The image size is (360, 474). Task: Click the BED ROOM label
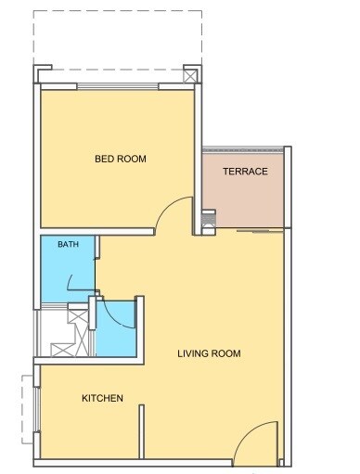[120, 159]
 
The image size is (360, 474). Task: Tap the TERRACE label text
[245, 172]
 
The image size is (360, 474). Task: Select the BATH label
[68, 245]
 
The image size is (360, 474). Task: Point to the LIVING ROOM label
[210, 353]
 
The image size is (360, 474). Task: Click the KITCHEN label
[102, 398]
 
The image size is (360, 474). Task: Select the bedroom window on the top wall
[118, 87]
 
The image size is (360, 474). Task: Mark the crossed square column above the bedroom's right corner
[190, 76]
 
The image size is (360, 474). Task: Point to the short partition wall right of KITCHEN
[142, 432]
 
